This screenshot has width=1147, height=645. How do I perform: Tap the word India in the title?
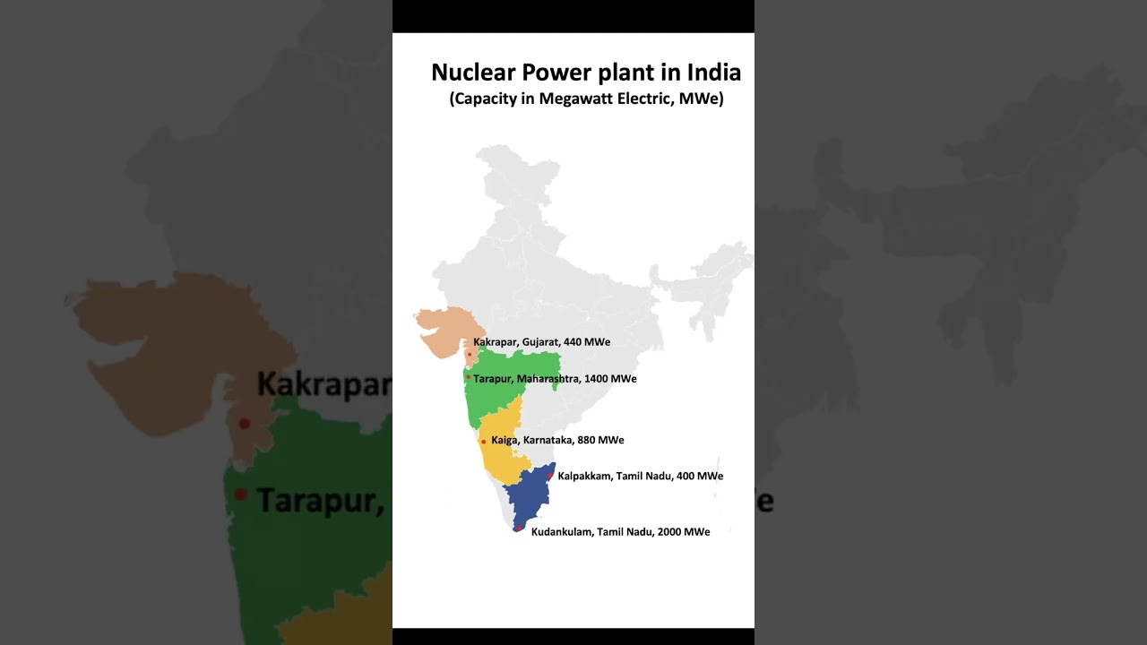pyautogui.click(x=713, y=73)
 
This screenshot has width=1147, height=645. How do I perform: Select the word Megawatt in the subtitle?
pyautogui.click(x=573, y=99)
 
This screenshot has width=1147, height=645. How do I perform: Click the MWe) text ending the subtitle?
pyautogui.click(x=701, y=99)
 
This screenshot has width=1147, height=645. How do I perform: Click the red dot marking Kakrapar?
pyautogui.click(x=469, y=355)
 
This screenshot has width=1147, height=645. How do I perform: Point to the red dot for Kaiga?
pyautogui.click(x=483, y=442)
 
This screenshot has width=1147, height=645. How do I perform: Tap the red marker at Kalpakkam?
pyautogui.click(x=550, y=476)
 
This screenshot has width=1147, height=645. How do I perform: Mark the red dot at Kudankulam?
pyautogui.click(x=518, y=528)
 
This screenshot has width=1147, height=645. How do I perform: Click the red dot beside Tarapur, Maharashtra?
pyautogui.click(x=468, y=377)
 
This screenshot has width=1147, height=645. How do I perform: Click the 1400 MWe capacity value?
pyautogui.click(x=610, y=379)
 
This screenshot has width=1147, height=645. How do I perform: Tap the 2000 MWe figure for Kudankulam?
pyautogui.click(x=684, y=532)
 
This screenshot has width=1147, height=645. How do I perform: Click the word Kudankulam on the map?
pyautogui.click(x=562, y=532)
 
